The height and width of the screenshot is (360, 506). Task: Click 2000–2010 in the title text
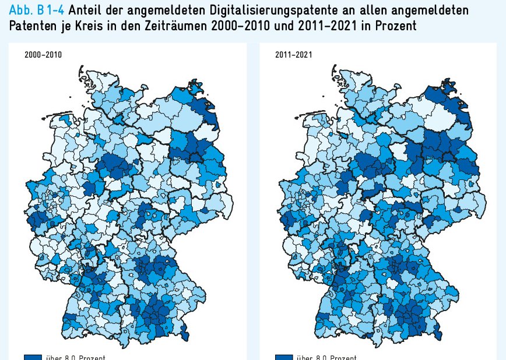pyautogui.click(x=237, y=27)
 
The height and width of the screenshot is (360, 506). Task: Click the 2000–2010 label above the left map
pyautogui.click(x=43, y=55)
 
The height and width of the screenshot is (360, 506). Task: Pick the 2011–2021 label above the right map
pyautogui.click(x=294, y=55)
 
